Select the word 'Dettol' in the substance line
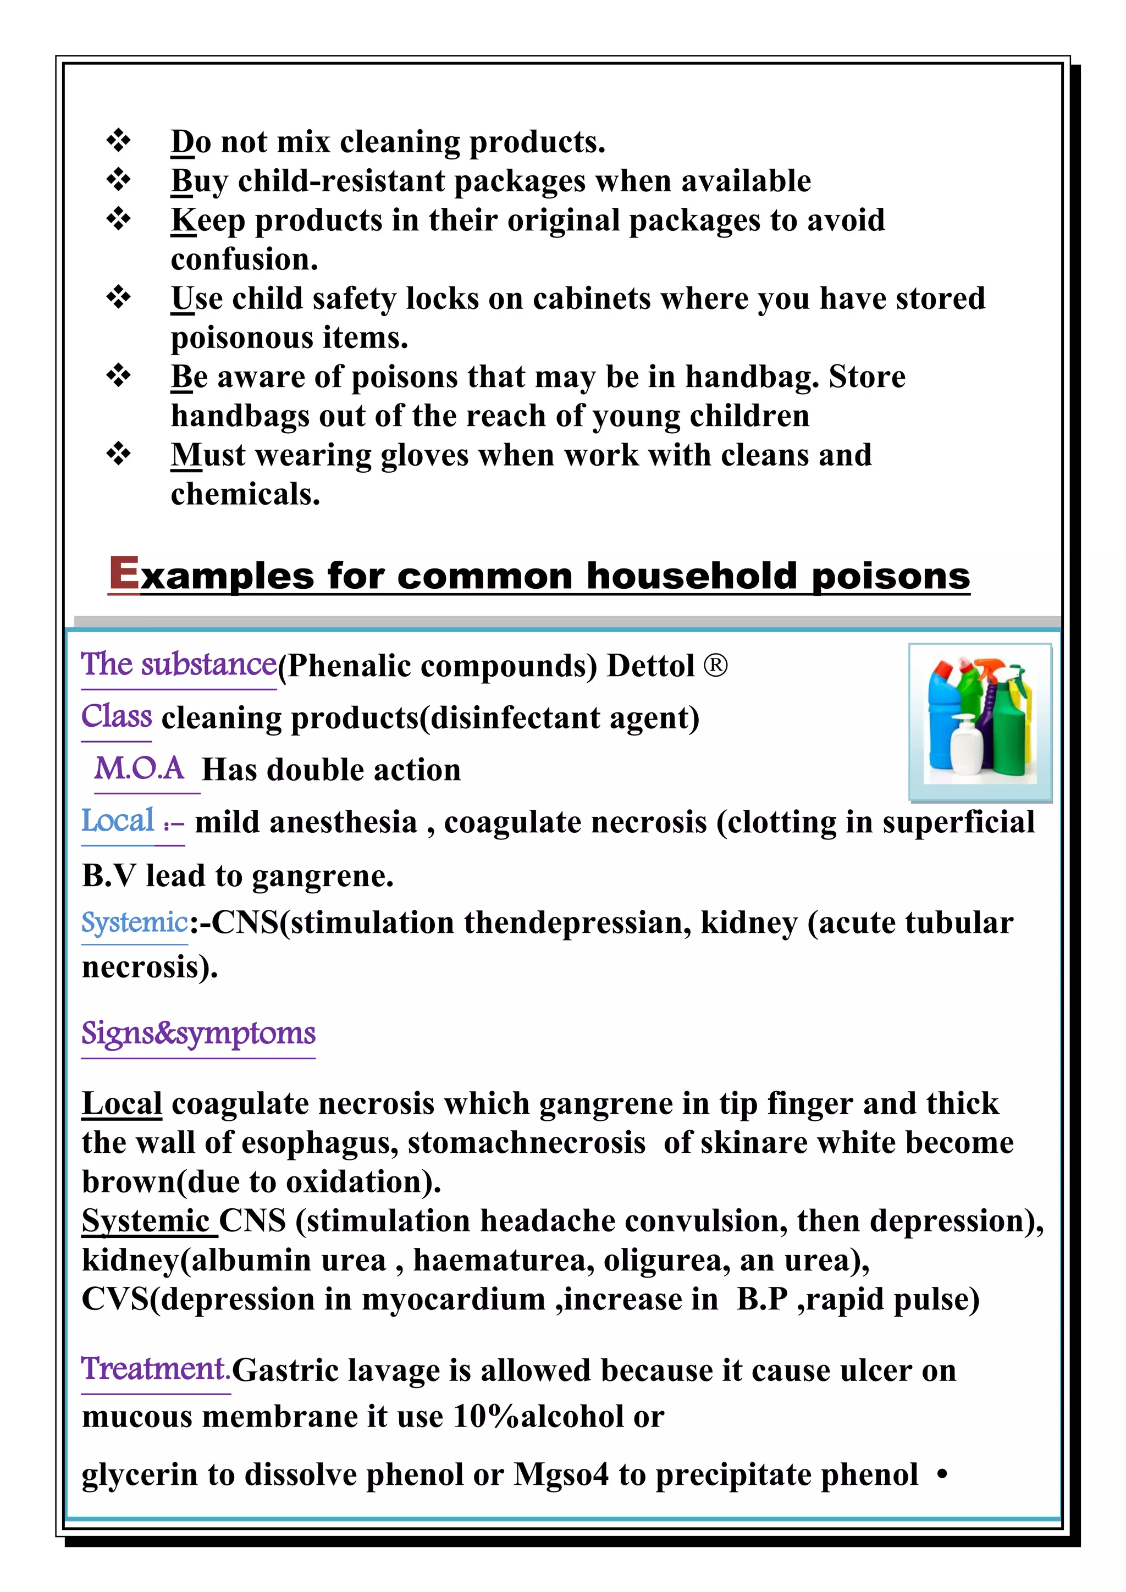650,666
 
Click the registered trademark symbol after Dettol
715,666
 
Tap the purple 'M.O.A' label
139,769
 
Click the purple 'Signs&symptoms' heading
198,1033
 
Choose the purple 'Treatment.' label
155,1369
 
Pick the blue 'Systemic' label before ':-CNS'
135,922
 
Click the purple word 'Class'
117,716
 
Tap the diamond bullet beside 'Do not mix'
119,141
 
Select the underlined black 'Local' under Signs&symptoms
122,1104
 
